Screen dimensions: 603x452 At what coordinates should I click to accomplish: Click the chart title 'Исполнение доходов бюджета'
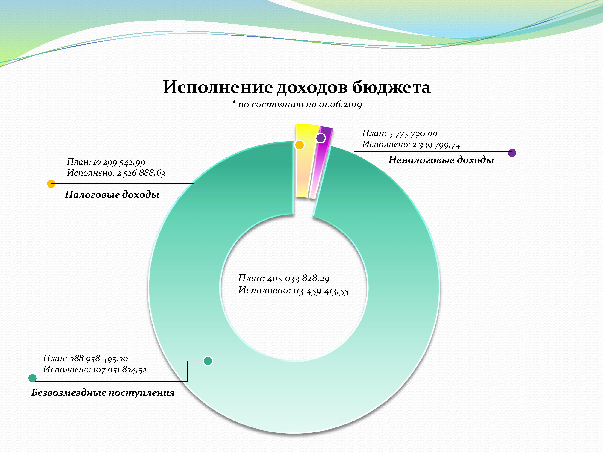click(297, 87)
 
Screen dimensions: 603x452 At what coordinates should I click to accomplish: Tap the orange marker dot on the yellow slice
click(300, 145)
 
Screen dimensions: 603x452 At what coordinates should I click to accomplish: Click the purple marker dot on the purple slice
click(321, 138)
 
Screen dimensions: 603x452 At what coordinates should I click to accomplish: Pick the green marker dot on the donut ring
click(208, 361)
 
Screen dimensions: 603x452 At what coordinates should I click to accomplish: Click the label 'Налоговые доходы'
click(112, 194)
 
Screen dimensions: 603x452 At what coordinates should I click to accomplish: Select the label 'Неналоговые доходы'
click(441, 160)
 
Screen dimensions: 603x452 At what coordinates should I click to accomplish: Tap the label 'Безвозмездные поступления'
click(103, 393)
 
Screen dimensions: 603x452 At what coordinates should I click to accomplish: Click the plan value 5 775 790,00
click(413, 134)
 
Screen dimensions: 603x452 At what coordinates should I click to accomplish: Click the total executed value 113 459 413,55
click(321, 291)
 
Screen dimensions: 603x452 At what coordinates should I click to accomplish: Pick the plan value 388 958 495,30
click(99, 359)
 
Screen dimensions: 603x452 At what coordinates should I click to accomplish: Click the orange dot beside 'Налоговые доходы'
click(51, 184)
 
